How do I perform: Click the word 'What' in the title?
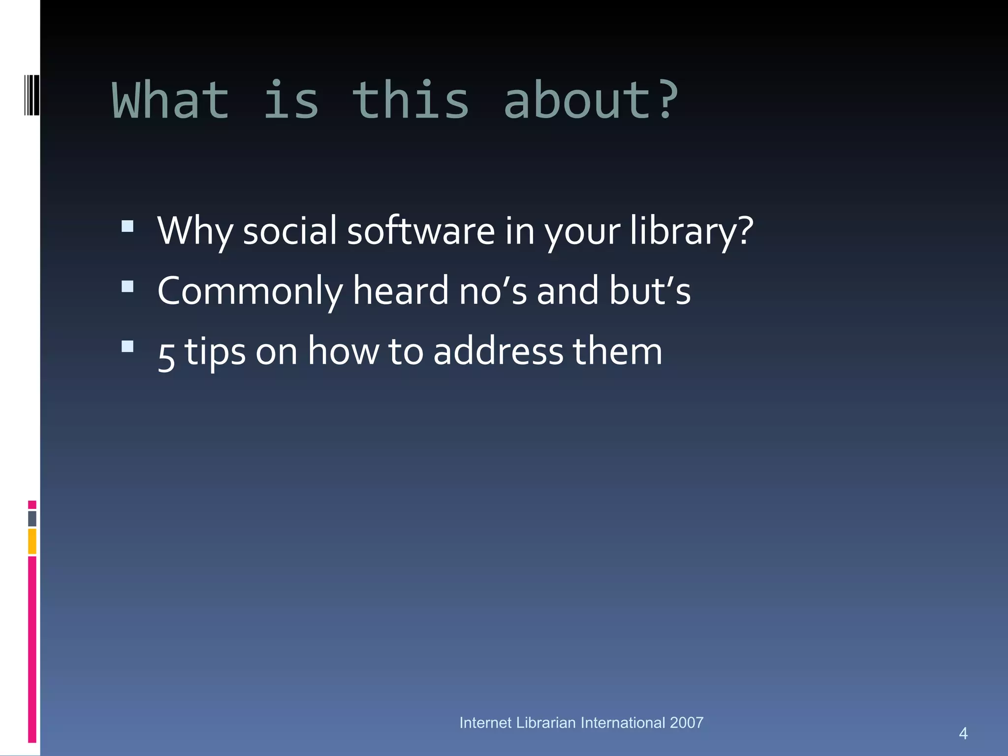(x=171, y=101)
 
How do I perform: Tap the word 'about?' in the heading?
(x=591, y=101)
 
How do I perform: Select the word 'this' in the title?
(x=410, y=101)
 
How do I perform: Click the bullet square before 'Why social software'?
(x=127, y=226)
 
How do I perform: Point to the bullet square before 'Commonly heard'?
(x=127, y=286)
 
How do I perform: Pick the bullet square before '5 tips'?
(x=127, y=346)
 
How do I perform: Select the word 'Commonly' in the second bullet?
(x=250, y=291)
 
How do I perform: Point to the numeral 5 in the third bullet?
(x=166, y=355)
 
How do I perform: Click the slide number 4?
(x=963, y=733)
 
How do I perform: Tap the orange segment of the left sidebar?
(x=32, y=541)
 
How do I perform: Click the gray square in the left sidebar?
(x=32, y=518)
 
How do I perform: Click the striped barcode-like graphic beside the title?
(x=31, y=95)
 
